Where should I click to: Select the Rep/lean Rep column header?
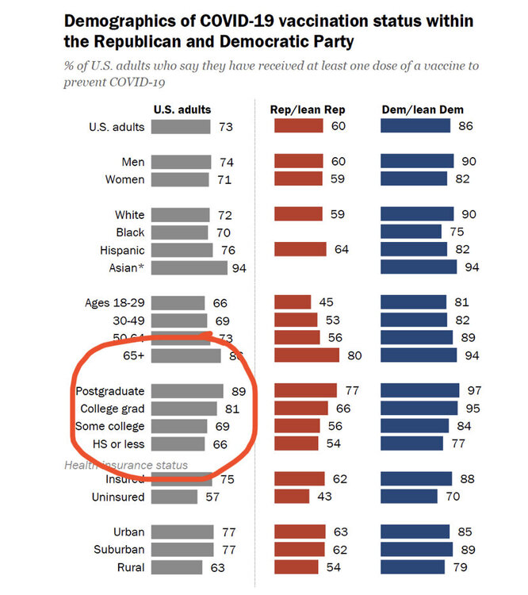tap(308, 109)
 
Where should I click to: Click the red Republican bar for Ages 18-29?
tap(293, 302)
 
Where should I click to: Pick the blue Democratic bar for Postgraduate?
tap(420, 390)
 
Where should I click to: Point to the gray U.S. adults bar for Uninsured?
tap(174, 497)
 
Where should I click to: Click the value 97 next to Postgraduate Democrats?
tap(473, 390)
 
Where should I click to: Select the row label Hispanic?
tap(123, 250)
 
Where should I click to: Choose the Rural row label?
tap(129, 567)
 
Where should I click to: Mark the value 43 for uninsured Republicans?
tap(324, 497)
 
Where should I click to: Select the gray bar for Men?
tap(181, 162)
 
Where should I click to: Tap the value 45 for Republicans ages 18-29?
tap(325, 302)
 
